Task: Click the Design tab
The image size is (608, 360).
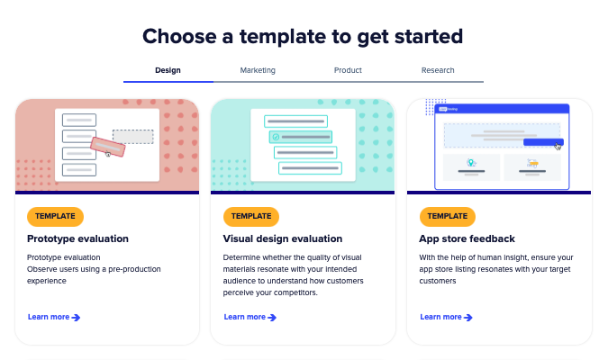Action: point(168,70)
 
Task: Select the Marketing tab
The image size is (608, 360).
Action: point(258,70)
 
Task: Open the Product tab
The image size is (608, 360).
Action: point(348,70)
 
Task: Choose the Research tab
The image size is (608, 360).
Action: point(438,70)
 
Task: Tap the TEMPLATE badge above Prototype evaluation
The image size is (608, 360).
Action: point(55,216)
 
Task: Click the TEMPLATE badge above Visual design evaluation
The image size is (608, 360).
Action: point(251,216)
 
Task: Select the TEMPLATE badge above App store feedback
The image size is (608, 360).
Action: point(448,216)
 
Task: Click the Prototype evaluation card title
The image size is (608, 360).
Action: point(77,238)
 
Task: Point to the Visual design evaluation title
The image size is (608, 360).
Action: point(283,238)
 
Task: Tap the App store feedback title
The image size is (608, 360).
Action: point(467,238)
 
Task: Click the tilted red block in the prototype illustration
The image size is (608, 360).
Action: point(108,147)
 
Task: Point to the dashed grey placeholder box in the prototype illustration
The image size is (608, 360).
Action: point(133,137)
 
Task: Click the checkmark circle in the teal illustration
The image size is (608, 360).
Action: point(277,137)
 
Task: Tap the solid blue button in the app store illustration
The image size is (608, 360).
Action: point(543,142)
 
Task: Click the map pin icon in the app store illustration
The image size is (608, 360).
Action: point(471,163)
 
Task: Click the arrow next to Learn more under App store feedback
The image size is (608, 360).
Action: point(468,318)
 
